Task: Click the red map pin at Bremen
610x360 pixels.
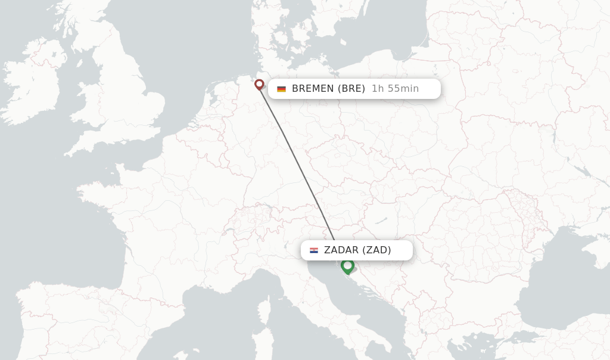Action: tap(259, 85)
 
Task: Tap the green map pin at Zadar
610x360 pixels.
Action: tap(348, 266)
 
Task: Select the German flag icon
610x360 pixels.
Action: tap(281, 89)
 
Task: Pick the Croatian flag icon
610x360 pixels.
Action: tap(314, 250)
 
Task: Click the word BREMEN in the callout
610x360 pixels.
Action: tap(313, 89)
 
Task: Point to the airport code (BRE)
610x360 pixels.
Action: tap(351, 89)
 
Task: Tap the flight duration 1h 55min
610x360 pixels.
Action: tap(395, 89)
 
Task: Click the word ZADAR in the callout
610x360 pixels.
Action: tap(341, 250)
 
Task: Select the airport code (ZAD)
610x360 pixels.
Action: tap(376, 250)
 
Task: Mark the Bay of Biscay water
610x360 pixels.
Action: tap(101, 238)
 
